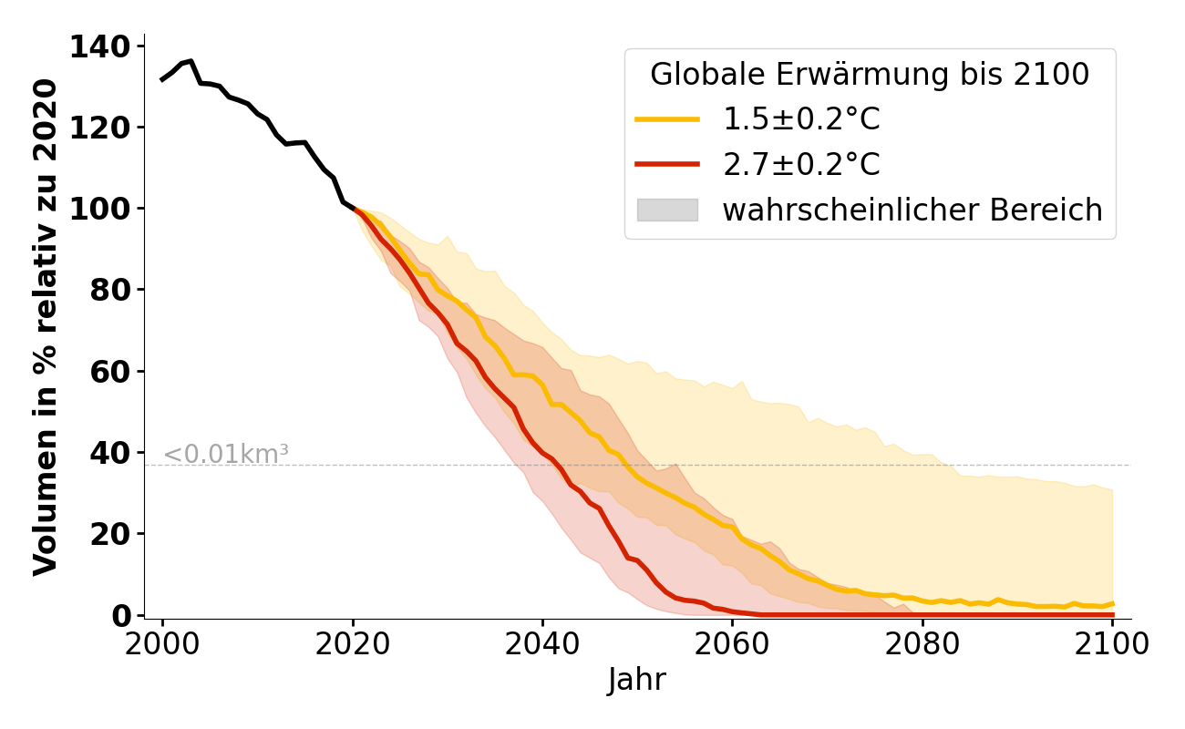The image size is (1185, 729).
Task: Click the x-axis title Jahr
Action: (x=637, y=681)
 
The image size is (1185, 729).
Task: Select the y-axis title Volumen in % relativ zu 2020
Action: (x=46, y=327)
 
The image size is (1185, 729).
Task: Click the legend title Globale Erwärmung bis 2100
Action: (x=870, y=75)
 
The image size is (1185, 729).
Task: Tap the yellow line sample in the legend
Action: (x=667, y=119)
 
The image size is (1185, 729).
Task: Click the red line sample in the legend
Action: (x=667, y=165)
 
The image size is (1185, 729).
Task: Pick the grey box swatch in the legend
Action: (x=667, y=210)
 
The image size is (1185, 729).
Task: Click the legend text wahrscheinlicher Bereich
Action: (x=912, y=210)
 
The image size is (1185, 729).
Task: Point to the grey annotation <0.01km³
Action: (x=226, y=454)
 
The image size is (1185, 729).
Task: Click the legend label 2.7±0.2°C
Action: (x=801, y=165)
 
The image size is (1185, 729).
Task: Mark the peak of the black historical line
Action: (x=191, y=61)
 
